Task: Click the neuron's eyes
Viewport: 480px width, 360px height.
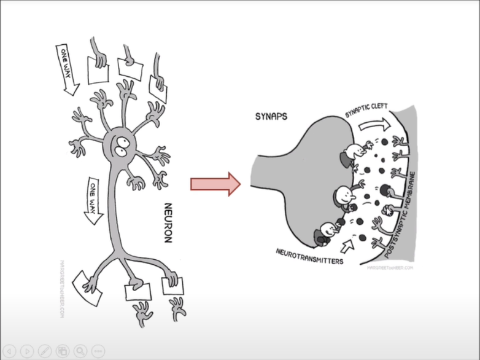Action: (122, 144)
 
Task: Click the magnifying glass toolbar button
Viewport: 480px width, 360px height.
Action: (80, 351)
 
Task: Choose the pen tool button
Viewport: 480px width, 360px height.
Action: (44, 351)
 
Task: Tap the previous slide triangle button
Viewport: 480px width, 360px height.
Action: (10, 351)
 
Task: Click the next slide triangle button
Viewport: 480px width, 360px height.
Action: (26, 351)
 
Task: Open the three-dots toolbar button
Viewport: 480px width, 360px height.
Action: (98, 351)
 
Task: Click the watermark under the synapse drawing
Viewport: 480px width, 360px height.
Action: (390, 268)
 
